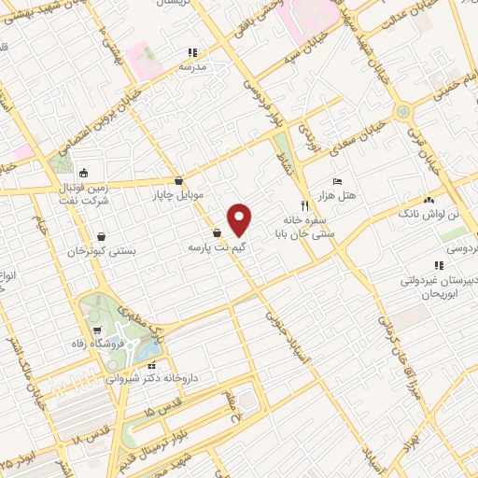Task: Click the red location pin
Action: click(x=240, y=219)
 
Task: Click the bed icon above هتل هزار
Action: click(x=337, y=181)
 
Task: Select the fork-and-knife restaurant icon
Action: click(x=304, y=204)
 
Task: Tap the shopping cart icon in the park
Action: click(x=97, y=330)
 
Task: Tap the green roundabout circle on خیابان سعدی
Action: click(x=402, y=111)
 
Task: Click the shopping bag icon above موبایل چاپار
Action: click(x=178, y=181)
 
